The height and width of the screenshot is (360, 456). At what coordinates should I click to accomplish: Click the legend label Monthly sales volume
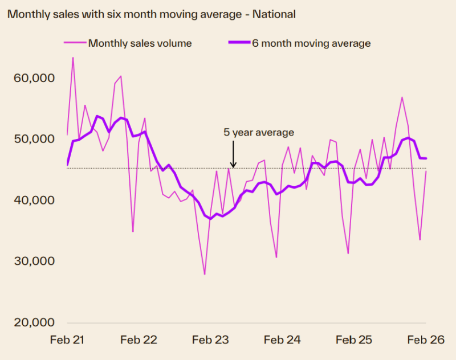click(x=140, y=43)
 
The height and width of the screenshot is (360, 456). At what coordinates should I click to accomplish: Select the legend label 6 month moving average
click(x=311, y=43)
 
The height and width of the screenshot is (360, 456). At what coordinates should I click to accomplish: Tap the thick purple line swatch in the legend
click(x=236, y=43)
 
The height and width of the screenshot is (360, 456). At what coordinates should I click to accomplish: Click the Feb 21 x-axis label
click(x=67, y=340)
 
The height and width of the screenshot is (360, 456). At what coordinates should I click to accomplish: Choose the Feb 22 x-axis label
click(x=139, y=340)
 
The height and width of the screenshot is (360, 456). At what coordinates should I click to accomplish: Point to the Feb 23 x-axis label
click(x=211, y=340)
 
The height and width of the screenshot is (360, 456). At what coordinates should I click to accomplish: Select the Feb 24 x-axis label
click(x=283, y=340)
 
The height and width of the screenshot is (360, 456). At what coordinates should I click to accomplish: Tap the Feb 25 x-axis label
click(x=354, y=340)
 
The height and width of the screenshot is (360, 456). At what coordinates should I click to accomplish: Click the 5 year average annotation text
click(x=259, y=133)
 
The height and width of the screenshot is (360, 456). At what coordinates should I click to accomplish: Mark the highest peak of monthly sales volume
click(x=73, y=58)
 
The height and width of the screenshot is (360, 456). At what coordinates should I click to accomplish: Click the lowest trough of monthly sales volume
click(x=205, y=275)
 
